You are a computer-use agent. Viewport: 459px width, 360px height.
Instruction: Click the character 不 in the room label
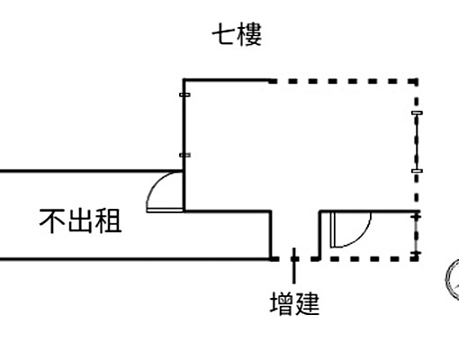pos(51,220)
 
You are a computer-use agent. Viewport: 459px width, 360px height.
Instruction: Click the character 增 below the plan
pos(282,304)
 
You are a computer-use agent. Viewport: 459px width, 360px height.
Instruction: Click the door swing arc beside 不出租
pos(163,190)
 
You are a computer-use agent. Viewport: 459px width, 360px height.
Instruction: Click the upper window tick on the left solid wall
pos(184,94)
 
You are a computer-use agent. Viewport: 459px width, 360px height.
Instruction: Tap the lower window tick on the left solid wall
pos(184,156)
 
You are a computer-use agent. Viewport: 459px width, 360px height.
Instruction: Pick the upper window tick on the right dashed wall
pos(416,113)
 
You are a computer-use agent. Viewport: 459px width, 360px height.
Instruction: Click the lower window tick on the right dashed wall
pos(416,169)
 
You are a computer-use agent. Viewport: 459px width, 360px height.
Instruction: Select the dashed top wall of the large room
pos(342,80)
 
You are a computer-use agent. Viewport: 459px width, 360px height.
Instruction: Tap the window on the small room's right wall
pos(416,235)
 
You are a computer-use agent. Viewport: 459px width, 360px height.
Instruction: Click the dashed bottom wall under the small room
pos(369,257)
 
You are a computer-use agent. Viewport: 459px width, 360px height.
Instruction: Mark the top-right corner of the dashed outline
pos(417,80)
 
